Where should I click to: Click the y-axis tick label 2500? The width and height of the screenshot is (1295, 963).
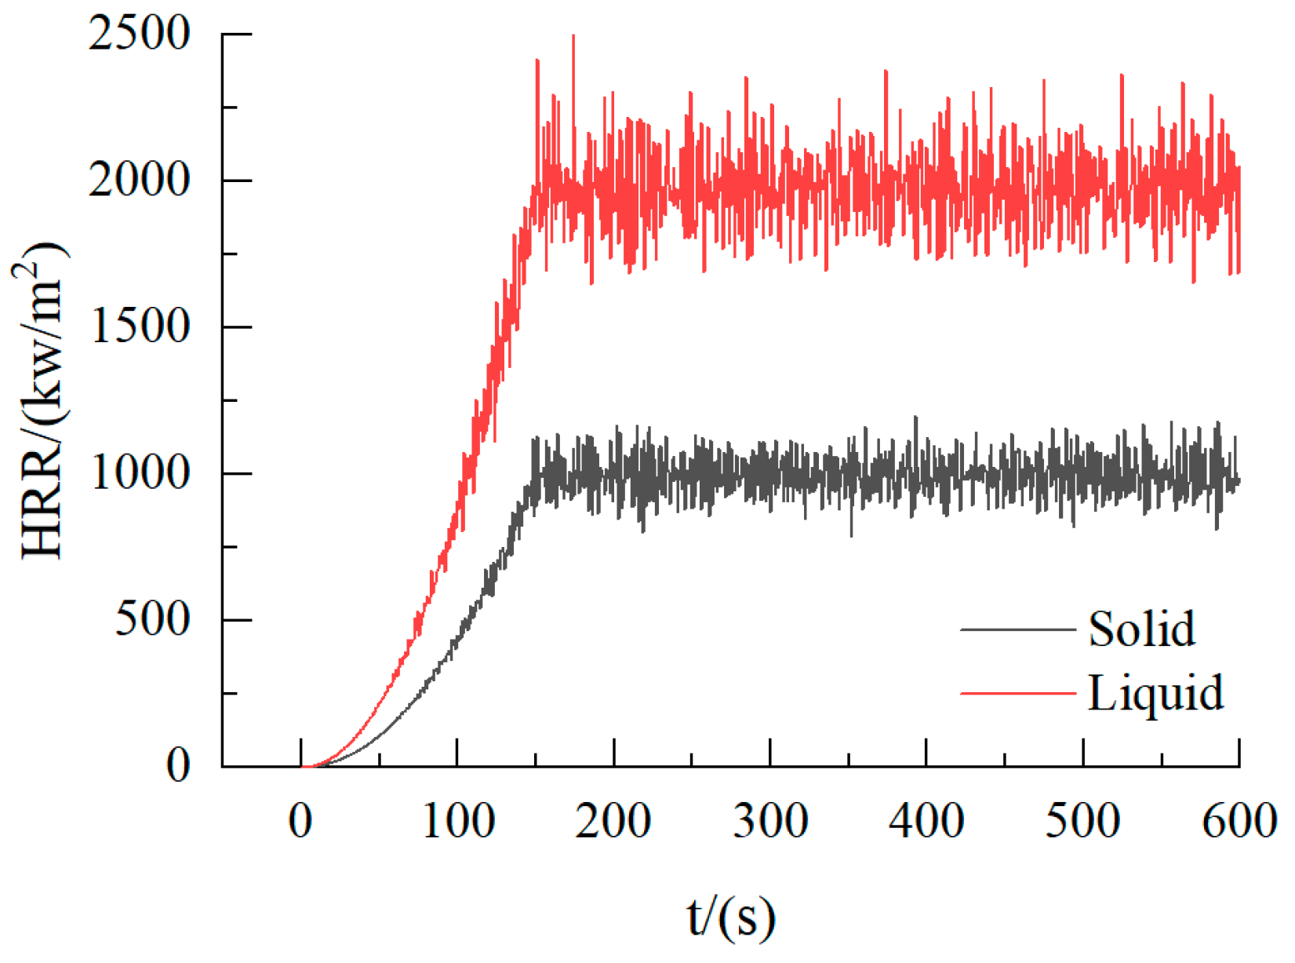(x=140, y=35)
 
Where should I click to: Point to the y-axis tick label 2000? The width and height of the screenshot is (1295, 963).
(x=140, y=181)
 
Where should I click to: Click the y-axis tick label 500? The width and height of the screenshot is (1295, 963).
(x=153, y=620)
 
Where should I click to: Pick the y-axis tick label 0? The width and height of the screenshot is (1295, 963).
(x=178, y=764)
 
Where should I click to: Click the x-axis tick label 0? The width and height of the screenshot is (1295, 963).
(x=300, y=822)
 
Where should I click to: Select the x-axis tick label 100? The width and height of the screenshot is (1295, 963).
(x=458, y=822)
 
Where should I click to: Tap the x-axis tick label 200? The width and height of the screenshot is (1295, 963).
(x=613, y=822)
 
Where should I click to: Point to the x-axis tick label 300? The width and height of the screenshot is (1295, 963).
(x=770, y=822)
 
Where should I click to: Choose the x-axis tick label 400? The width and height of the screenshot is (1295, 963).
(x=926, y=822)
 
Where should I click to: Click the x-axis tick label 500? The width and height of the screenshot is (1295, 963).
(x=1083, y=822)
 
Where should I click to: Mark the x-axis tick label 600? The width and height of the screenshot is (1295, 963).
(x=1239, y=822)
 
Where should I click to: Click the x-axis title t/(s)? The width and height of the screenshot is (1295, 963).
(x=731, y=917)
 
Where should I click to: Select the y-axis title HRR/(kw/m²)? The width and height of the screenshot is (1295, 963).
(x=43, y=400)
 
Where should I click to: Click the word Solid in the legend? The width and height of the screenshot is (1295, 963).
(x=1141, y=629)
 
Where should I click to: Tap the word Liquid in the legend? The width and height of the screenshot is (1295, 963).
(x=1155, y=694)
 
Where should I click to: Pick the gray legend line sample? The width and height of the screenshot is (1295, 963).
(x=1017, y=629)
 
